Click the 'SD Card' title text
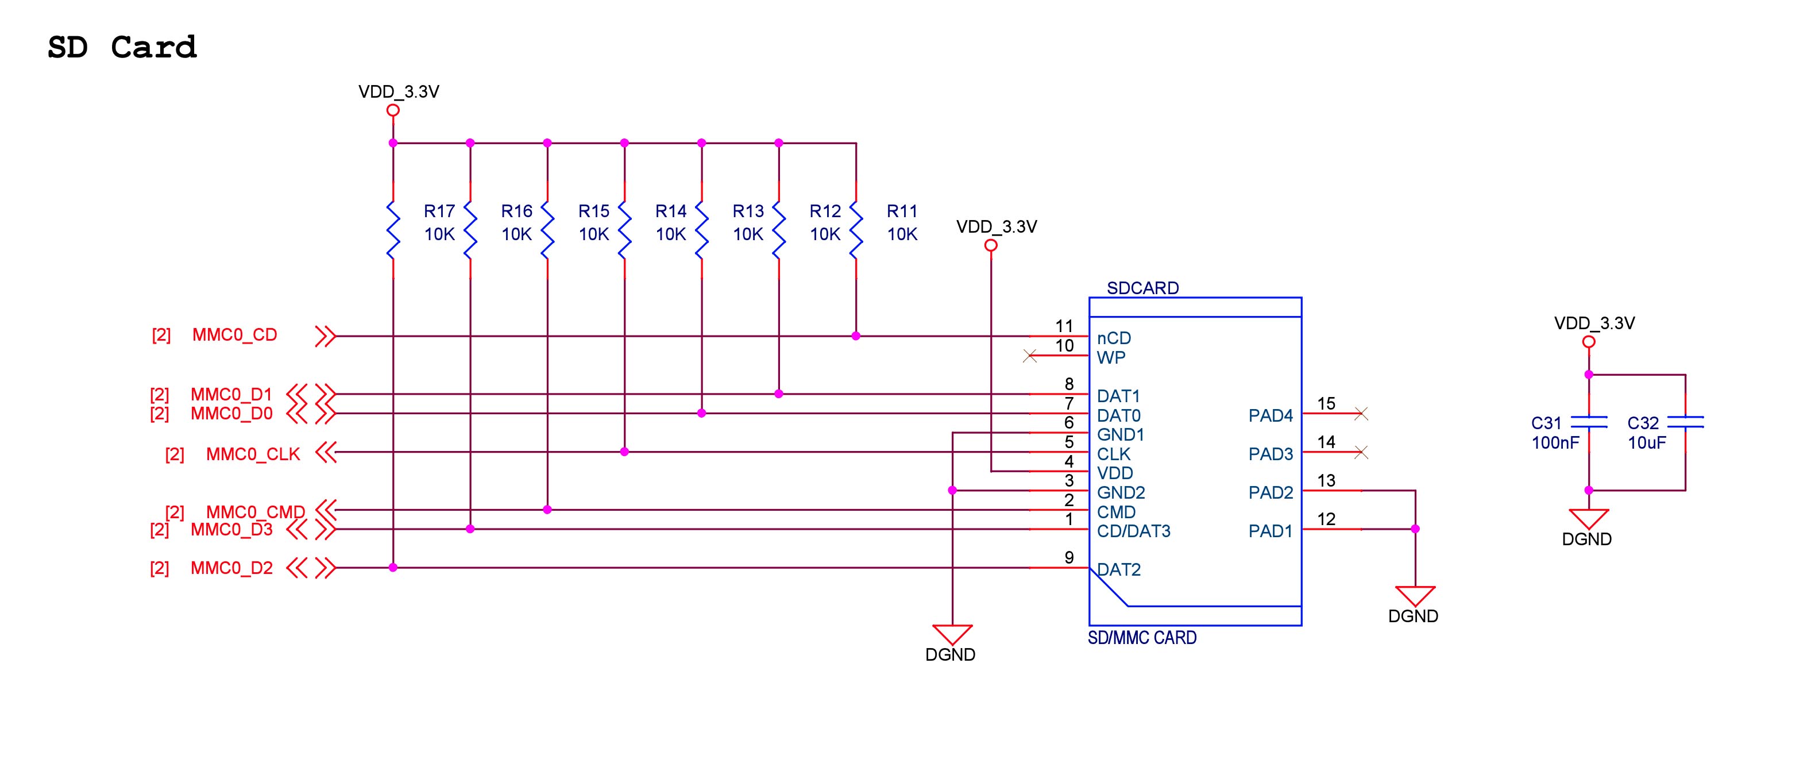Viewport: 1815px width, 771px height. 122,48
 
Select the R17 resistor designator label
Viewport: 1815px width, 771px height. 439,211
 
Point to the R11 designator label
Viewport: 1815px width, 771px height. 902,211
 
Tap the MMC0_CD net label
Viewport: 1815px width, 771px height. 234,335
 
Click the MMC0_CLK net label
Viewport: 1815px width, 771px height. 253,454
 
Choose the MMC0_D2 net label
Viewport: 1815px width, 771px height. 231,568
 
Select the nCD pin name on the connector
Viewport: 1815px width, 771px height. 1114,338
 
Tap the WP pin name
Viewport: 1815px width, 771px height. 1111,358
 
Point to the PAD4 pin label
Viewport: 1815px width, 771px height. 1270,416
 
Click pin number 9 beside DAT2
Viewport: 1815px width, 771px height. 1069,557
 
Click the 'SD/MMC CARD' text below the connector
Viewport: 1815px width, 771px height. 1142,638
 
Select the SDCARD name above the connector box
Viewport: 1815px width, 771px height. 1142,288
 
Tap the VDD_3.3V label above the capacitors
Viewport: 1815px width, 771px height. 1594,323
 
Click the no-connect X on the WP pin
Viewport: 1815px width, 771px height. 1030,356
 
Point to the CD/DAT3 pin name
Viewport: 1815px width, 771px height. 1133,531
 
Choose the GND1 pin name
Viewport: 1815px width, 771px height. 1120,435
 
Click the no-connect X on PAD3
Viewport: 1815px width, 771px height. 1361,453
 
